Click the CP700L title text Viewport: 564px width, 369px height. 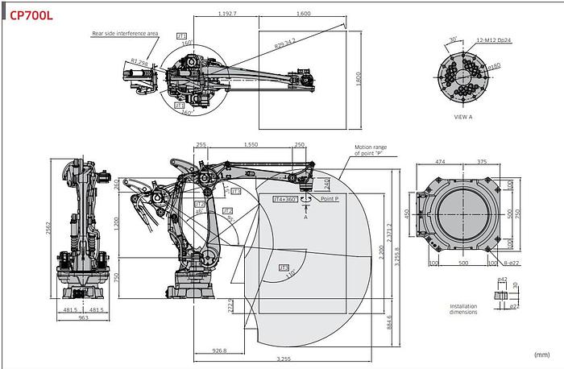(x=31, y=15)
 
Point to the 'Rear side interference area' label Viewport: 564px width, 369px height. (x=124, y=33)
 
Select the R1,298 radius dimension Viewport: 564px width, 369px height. (x=139, y=61)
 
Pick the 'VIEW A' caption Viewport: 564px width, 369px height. (x=463, y=117)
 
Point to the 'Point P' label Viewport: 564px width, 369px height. (x=330, y=197)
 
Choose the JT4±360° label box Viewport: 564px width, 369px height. (x=284, y=197)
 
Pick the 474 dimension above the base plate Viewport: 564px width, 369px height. (x=440, y=161)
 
